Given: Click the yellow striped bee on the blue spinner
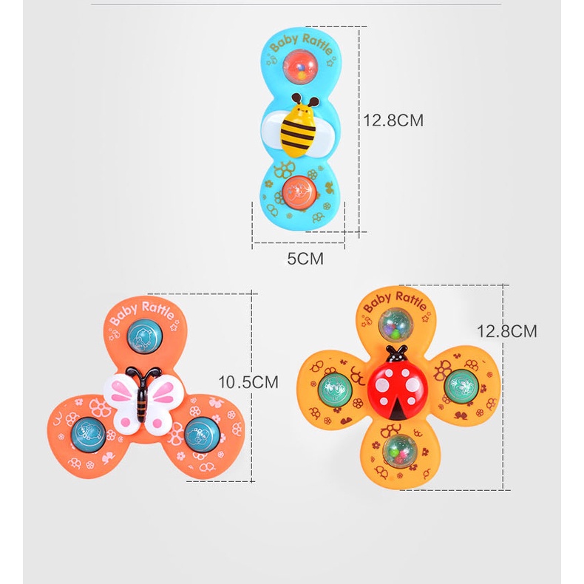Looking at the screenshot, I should (299, 129).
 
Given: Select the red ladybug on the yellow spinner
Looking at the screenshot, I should (398, 384).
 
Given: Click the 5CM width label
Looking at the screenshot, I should (305, 259).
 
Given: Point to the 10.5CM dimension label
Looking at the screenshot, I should (248, 381).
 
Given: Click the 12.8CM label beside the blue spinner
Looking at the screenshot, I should (393, 120).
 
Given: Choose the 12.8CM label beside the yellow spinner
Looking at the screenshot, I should (506, 331).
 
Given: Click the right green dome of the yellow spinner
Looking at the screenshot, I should (459, 386).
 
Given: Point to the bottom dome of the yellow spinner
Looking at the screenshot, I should (398, 448).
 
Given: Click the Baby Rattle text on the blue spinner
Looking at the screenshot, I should (301, 41).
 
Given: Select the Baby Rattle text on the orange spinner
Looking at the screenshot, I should (140, 310).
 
